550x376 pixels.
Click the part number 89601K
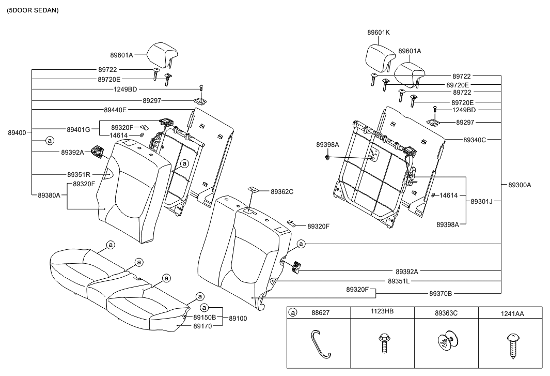[x=379, y=32]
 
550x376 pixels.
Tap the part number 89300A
[x=520, y=185]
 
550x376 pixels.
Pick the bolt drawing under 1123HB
[x=383, y=342]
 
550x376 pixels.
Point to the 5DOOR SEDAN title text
[x=33, y=10]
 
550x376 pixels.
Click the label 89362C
[x=282, y=192]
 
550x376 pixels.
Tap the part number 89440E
[x=115, y=110]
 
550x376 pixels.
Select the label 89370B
[x=441, y=293]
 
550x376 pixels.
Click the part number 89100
[x=238, y=319]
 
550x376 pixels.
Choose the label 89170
[x=202, y=326]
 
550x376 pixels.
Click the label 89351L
[x=398, y=281]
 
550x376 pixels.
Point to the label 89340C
[x=475, y=140]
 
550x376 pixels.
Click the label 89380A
[x=49, y=195]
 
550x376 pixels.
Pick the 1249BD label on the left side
[x=125, y=89]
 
